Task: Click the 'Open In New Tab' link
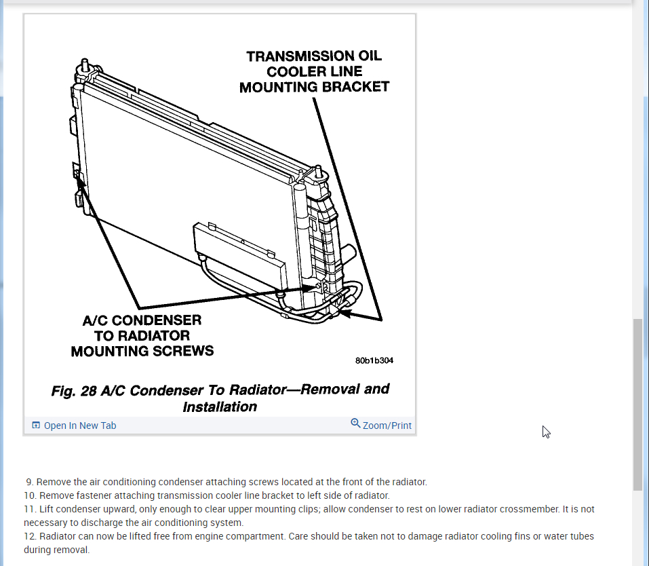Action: tap(80, 426)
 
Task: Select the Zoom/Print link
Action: tap(387, 426)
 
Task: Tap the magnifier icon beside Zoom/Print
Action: tap(355, 423)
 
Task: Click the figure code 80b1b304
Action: tap(374, 360)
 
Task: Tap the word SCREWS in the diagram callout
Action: tap(188, 351)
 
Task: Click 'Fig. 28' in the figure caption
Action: tap(74, 391)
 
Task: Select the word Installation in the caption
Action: tap(220, 407)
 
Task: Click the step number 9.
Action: tap(29, 482)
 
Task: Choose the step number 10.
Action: tap(29, 495)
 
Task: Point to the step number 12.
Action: tap(29, 536)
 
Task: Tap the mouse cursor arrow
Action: tap(546, 432)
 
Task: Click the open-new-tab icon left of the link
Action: tap(36, 426)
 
